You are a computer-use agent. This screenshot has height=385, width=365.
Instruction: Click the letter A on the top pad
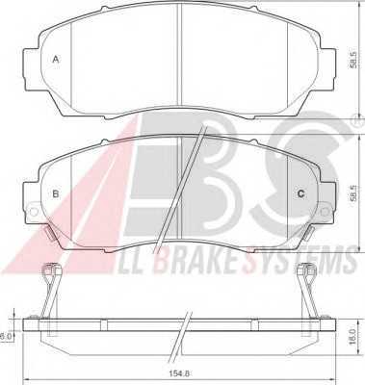56,60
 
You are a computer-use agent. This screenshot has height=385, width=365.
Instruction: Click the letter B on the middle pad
56,193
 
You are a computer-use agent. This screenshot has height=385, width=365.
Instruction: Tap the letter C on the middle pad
300,193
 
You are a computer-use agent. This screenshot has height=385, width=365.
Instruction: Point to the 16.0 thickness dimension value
352,337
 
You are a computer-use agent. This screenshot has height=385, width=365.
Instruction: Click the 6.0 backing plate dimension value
6,337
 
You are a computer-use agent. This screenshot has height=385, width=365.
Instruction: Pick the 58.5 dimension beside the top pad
352,60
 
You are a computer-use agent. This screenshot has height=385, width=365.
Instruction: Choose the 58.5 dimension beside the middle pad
352,192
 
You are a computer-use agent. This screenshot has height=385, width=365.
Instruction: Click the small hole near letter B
33,211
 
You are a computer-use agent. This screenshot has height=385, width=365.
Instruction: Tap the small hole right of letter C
326,211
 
